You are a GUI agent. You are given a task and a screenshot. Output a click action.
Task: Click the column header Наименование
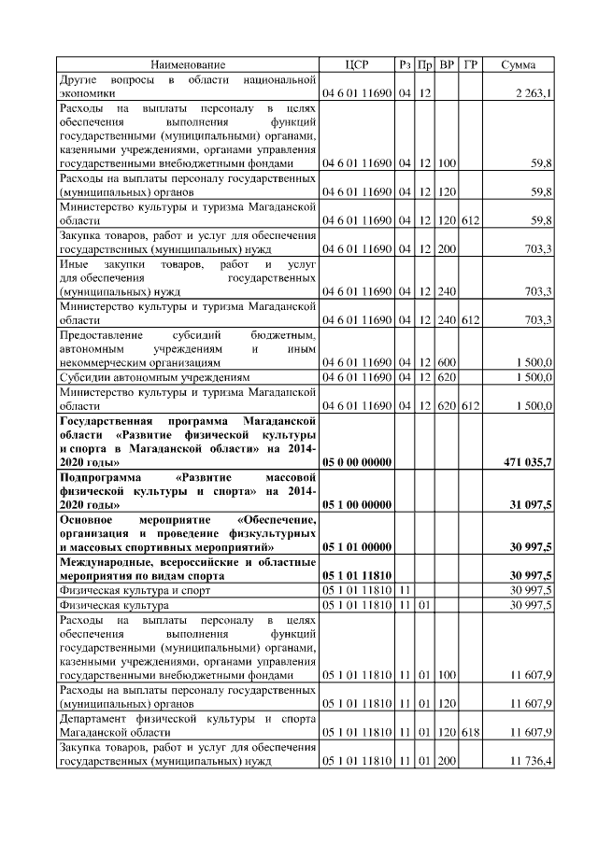pos(189,64)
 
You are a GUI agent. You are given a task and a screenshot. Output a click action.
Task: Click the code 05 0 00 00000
pos(356,461)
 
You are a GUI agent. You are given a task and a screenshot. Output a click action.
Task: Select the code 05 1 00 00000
pos(356,504)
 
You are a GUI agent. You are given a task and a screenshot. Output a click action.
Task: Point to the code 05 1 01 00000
pos(356,546)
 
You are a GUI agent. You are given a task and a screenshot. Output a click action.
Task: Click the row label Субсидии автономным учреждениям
pos(155,376)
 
